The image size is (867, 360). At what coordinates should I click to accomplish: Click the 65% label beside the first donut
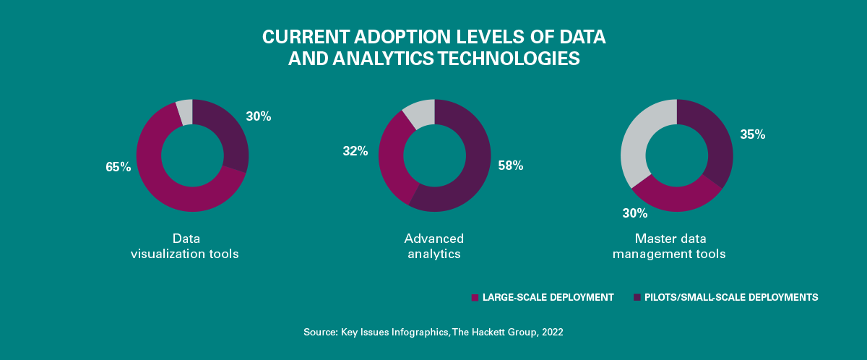pyautogui.click(x=118, y=167)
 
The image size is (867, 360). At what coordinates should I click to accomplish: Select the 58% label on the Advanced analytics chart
pyautogui.click(x=511, y=166)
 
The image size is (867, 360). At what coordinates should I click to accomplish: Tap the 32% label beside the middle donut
pyautogui.click(x=355, y=151)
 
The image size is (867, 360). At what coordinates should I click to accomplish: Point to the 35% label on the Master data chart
pyautogui.click(x=752, y=134)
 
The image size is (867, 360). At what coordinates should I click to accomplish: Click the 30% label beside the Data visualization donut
pyautogui.click(x=258, y=116)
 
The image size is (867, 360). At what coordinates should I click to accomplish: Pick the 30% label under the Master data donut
pyautogui.click(x=636, y=213)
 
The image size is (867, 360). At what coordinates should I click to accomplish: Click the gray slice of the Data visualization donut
pyautogui.click(x=185, y=111)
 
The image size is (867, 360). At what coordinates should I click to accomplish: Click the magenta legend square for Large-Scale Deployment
pyautogui.click(x=475, y=297)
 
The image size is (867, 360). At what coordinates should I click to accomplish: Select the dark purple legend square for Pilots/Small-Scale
pyautogui.click(x=637, y=297)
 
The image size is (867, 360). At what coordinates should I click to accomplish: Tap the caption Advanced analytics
pyautogui.click(x=433, y=246)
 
